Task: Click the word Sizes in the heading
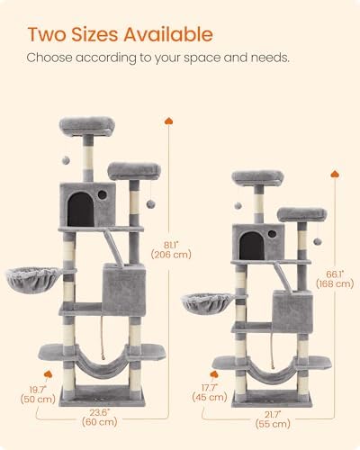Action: tap(94, 34)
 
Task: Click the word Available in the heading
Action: tap(168, 34)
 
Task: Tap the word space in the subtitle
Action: tap(202, 58)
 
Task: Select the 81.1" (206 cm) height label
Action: tap(171, 250)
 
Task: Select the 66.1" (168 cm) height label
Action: tap(335, 279)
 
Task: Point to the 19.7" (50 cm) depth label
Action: tap(38, 394)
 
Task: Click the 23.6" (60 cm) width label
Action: tap(100, 418)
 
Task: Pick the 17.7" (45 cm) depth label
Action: tap(210, 392)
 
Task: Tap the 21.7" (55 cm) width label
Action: tap(273, 419)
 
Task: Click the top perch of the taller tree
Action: tap(87, 126)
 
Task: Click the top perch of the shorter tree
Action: tap(257, 177)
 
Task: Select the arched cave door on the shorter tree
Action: tap(252, 246)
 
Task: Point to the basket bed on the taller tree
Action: tap(33, 280)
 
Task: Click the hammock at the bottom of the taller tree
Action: tap(103, 362)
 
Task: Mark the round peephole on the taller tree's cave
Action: tap(103, 195)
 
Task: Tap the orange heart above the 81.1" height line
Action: tap(168, 121)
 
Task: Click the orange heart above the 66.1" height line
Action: tap(335, 174)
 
